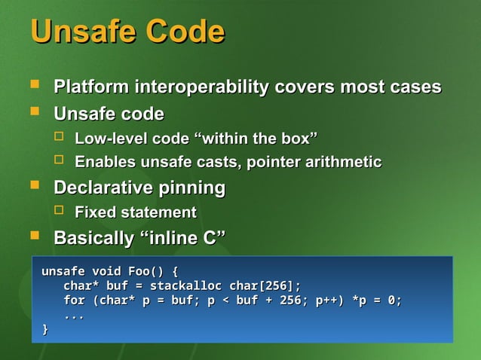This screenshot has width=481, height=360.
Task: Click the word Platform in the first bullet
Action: [x=91, y=87]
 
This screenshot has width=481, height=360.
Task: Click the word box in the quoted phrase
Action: [x=298, y=139]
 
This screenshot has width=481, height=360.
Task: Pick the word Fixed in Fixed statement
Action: [x=93, y=212]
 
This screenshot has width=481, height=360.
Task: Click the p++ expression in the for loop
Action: [x=329, y=301]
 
